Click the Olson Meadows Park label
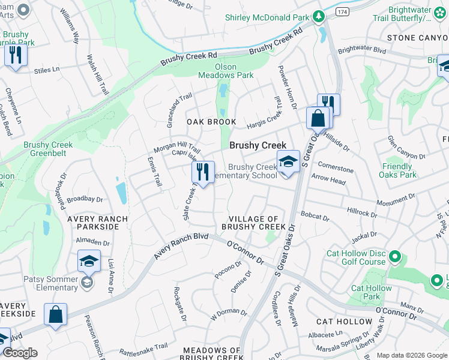pos(226,71)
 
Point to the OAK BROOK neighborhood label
pos(211,122)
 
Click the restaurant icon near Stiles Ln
pos(14,56)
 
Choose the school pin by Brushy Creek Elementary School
pos(288,162)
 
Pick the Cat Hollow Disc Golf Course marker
pos(394,257)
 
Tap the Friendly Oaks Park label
pos(397,170)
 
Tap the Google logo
pos(20,353)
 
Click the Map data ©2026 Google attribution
pos(412,355)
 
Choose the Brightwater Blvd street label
pos(362,51)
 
